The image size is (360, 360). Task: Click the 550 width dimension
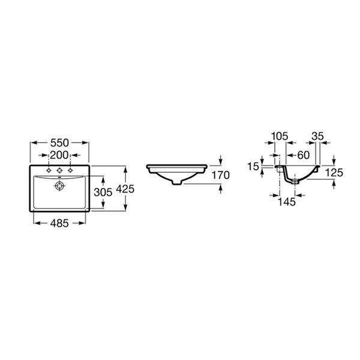[x=59, y=143]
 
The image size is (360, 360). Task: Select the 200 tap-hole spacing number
[x=59, y=155]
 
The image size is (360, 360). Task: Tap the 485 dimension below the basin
[x=59, y=223]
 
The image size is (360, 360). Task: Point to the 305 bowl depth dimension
[x=103, y=192]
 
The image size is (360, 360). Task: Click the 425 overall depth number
[x=125, y=189]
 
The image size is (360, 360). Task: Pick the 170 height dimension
[x=220, y=175]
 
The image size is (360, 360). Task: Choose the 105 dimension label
[x=280, y=136]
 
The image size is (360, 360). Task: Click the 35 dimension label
[x=317, y=136]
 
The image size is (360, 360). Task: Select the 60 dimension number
[x=304, y=155]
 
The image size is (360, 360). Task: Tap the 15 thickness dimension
[x=253, y=166]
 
